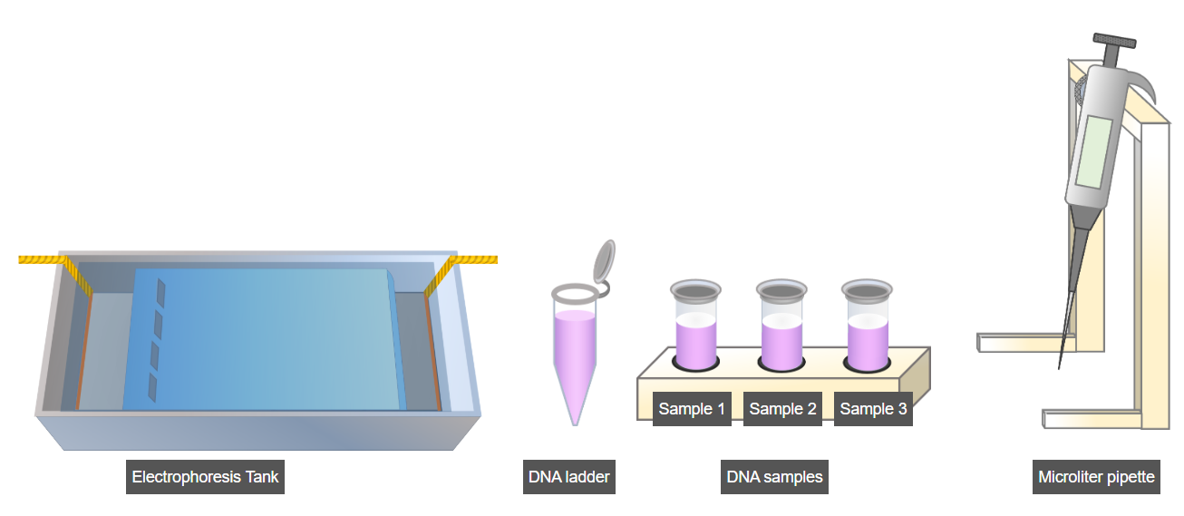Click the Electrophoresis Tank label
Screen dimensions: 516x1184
pos(205,477)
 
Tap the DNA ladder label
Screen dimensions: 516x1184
pos(568,477)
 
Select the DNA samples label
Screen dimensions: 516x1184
pos(774,477)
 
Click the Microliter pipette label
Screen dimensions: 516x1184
pos(1097,477)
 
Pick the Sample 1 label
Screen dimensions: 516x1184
pos(692,409)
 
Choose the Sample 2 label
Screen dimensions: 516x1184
pos(782,409)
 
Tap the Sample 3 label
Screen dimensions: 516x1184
pos(873,409)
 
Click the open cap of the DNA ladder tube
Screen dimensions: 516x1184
pos(603,260)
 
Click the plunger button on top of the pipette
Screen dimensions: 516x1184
pos(1114,42)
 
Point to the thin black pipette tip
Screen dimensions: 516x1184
pos(1064,336)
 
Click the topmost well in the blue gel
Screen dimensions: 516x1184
pos(160,290)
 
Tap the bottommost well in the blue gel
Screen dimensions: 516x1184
pos(153,388)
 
